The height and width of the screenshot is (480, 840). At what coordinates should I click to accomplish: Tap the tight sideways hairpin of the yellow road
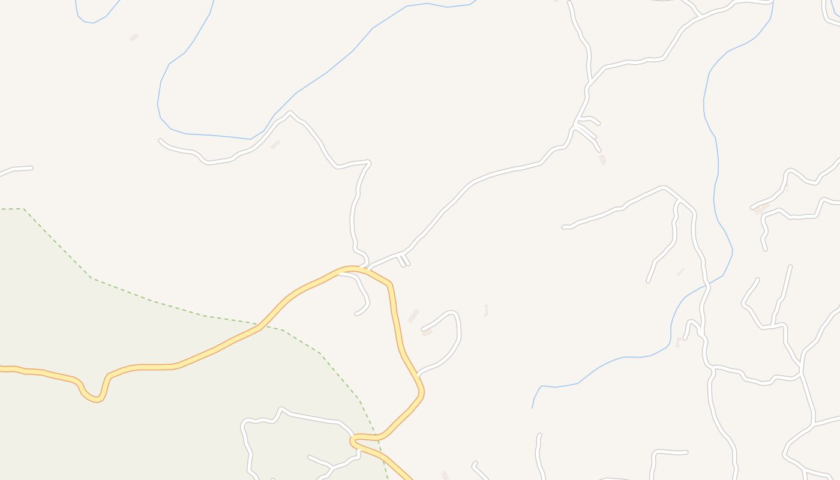353,441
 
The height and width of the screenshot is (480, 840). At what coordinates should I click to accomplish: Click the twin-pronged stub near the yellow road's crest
403,260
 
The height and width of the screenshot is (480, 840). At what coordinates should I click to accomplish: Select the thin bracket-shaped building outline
485,310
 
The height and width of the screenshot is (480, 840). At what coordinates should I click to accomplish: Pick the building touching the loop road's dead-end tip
427,332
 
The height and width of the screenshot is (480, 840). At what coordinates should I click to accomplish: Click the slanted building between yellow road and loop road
413,316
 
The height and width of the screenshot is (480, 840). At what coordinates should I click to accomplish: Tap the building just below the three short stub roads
602,159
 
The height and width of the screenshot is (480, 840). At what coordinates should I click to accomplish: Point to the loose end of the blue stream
532,407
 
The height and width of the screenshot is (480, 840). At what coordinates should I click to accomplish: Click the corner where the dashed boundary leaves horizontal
23,209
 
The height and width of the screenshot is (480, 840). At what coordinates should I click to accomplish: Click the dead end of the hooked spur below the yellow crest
356,313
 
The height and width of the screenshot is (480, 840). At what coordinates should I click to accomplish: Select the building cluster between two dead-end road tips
761,209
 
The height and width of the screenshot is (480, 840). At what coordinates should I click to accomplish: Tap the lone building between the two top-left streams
134,37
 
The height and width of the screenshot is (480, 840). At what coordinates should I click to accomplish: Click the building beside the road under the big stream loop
275,145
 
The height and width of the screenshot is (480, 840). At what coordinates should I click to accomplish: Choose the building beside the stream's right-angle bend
679,342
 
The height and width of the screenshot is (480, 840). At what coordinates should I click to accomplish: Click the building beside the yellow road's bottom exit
445,475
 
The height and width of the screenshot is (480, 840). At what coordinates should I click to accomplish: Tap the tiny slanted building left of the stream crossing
680,272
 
